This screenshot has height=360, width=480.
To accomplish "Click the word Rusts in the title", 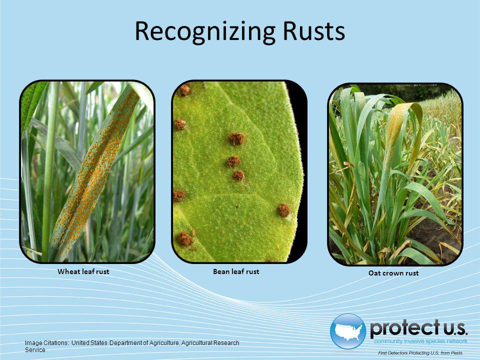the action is click(x=314, y=31).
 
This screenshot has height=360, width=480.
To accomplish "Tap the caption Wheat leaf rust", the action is click(x=83, y=271).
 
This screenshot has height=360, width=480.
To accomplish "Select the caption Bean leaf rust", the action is click(x=236, y=271).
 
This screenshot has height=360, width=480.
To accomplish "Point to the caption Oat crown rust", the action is click(x=393, y=273).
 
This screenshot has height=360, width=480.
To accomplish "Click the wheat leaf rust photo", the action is click(x=87, y=171).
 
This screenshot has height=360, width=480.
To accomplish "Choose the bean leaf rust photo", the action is click(x=239, y=171).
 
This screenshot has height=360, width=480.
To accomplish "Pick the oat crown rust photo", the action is click(x=395, y=174).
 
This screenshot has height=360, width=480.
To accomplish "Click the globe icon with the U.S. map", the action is click(x=348, y=331).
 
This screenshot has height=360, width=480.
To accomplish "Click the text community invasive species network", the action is click(x=420, y=341).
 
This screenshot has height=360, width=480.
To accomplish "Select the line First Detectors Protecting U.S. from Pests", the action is click(x=420, y=353).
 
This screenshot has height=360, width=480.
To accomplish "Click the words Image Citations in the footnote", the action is click(x=47, y=343).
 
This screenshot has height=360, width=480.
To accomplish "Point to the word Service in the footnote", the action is click(x=35, y=350).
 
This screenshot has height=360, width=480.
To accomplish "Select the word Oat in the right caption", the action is click(x=374, y=273).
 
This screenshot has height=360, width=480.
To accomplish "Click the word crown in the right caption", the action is click(x=392, y=273).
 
